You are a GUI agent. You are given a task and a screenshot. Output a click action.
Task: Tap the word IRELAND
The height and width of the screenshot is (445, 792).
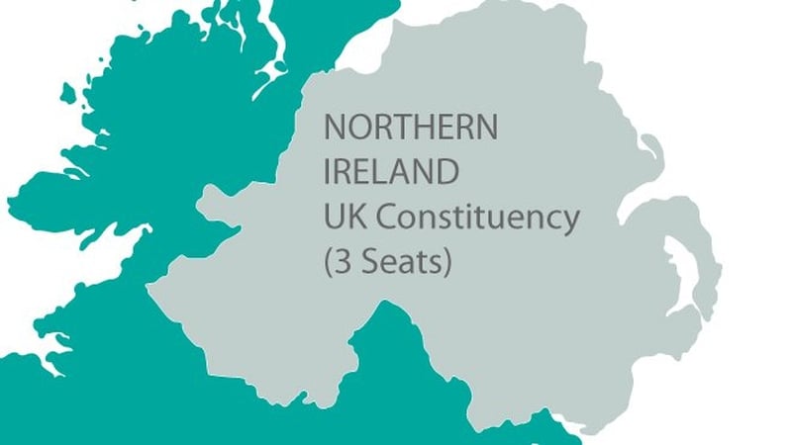pos(392,172)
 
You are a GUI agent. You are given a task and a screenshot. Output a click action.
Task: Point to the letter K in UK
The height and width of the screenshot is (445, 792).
pos(355,218)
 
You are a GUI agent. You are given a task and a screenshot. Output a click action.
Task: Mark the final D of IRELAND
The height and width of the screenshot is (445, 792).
pos(447,172)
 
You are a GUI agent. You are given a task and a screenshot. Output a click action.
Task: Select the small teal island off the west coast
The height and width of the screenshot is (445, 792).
pos(68,94)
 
